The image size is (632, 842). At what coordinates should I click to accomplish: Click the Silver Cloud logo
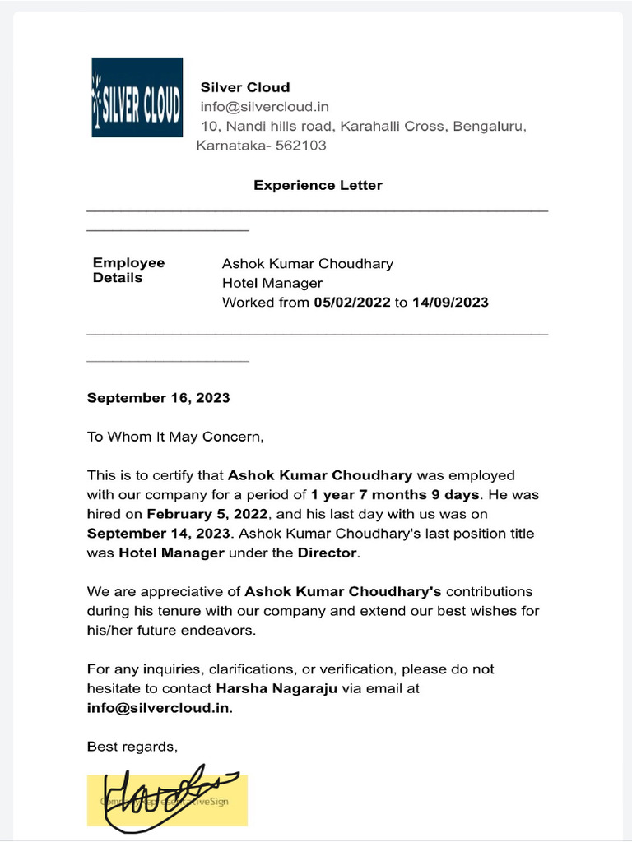(137, 97)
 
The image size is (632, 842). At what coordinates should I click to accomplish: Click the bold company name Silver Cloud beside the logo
(245, 87)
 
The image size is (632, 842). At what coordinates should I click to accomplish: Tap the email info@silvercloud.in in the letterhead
(264, 107)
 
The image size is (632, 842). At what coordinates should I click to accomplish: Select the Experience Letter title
(318, 185)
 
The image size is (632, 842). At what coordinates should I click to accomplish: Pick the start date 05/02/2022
(352, 303)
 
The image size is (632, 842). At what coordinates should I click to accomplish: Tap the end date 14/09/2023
(450, 303)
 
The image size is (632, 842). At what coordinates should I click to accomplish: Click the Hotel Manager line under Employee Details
(272, 283)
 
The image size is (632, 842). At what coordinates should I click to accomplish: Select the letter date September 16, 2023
(159, 398)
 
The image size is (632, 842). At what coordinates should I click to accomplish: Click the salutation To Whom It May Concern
(175, 437)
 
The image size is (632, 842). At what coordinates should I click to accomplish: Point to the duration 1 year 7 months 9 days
(394, 495)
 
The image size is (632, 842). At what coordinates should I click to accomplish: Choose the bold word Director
(328, 553)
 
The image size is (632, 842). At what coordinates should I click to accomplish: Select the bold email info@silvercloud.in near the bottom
(159, 708)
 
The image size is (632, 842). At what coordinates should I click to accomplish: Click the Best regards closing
(132, 747)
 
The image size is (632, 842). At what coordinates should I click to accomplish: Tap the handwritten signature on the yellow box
(168, 798)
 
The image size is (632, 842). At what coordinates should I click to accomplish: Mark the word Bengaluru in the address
(484, 127)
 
